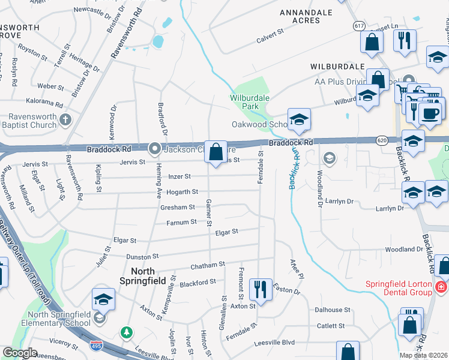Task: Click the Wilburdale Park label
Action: [x=250, y=102]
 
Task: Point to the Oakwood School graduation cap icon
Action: [x=298, y=119]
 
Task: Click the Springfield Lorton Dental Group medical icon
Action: [x=441, y=286]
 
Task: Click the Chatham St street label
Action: [x=207, y=265]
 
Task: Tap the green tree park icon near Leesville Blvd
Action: [x=126, y=331]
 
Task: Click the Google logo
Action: [x=20, y=353]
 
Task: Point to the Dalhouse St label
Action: [x=332, y=310]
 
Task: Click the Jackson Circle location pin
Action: [x=155, y=148]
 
